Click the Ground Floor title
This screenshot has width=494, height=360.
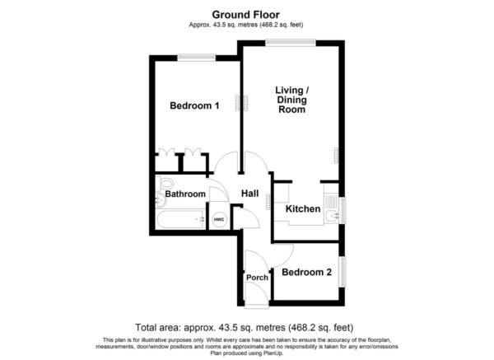click(x=245, y=15)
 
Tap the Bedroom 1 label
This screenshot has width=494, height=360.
click(x=194, y=105)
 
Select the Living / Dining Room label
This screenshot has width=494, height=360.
click(x=292, y=100)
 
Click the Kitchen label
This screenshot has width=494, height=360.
click(x=303, y=208)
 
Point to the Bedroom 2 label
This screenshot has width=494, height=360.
click(x=306, y=272)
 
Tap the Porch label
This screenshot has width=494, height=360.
click(x=257, y=278)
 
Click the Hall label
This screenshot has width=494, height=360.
click(x=250, y=194)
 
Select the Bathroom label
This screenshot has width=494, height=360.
click(x=185, y=194)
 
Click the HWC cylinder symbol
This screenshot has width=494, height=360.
click(x=219, y=219)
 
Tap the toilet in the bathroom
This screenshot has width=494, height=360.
click(x=165, y=183)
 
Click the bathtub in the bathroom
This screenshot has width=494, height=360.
click(x=180, y=219)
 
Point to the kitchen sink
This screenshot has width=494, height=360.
click(x=332, y=216)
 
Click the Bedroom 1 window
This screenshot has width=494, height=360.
click(x=196, y=58)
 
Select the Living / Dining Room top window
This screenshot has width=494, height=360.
click(x=290, y=43)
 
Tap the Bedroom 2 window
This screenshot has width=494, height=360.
click(x=343, y=272)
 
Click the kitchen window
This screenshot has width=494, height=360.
click(x=343, y=210)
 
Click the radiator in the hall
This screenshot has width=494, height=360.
click(x=268, y=202)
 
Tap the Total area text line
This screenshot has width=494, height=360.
click(x=245, y=328)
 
